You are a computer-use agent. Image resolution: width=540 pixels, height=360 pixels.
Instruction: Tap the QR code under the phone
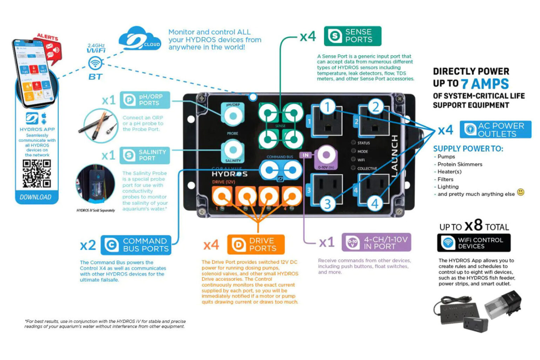pos(37,174)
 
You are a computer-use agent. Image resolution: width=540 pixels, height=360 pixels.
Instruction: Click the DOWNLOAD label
pos(35,197)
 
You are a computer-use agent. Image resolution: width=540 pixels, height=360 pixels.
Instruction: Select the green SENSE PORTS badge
pos(352,36)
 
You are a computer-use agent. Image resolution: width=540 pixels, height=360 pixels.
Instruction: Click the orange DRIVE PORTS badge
pos(256,244)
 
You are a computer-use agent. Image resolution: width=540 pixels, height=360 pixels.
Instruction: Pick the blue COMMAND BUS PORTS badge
pos(136,245)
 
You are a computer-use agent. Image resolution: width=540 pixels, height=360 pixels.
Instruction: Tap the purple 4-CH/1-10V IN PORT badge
pos(376,242)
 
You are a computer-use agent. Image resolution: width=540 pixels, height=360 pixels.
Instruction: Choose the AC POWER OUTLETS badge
pos(495,130)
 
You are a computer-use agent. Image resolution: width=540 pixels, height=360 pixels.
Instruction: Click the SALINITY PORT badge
pos(144,155)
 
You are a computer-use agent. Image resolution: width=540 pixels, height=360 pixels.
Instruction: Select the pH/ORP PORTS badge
pos(145,100)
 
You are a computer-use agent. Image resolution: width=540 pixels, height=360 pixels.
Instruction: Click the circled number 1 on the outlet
pos(327,107)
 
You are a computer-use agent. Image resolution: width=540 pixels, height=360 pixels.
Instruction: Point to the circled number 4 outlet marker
pos(375,203)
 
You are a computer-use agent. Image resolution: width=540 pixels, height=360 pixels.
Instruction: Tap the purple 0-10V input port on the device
pos(326,155)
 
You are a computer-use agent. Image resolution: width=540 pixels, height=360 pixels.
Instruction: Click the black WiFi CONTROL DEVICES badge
pos(474,243)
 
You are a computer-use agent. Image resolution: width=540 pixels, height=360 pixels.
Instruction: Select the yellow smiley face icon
pos(521,192)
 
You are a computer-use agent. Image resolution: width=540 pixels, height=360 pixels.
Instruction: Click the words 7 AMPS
pos(485,84)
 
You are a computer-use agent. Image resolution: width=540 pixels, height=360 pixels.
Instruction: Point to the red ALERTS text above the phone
pos(48,37)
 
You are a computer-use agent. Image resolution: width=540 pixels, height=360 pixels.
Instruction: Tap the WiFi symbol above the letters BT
pos(95,63)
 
